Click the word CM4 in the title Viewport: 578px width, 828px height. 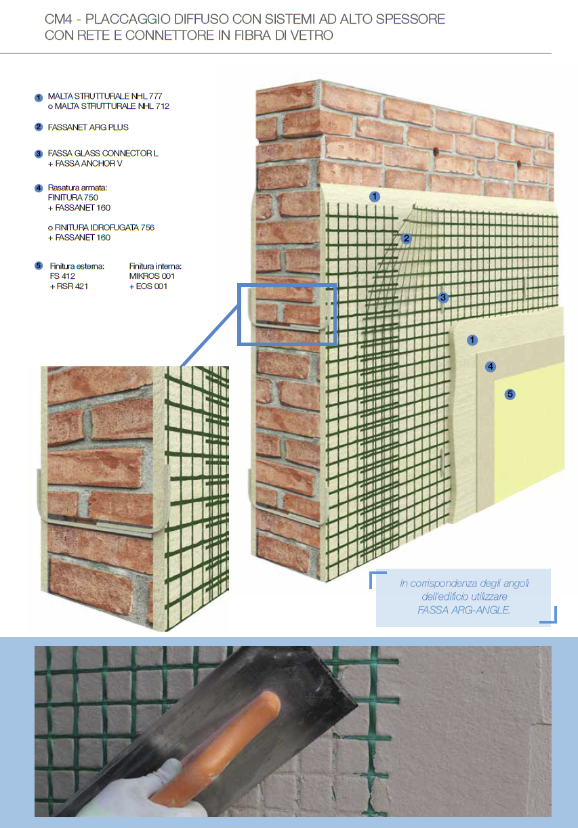click(x=58, y=19)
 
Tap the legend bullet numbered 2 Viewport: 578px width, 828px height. click(x=39, y=127)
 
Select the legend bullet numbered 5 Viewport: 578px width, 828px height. click(x=39, y=266)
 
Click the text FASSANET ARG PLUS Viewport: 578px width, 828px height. click(x=88, y=127)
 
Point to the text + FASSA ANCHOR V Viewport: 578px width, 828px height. click(x=85, y=163)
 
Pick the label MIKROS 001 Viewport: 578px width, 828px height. click(x=152, y=276)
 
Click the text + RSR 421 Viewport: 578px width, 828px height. click(x=69, y=286)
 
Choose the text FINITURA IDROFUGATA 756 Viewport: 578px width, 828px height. click(x=101, y=227)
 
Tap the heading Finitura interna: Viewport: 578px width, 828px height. click(x=155, y=266)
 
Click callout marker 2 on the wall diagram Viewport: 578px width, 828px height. click(x=407, y=238)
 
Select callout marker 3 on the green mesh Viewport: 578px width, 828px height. click(x=443, y=298)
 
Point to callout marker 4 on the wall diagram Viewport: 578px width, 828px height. click(x=491, y=367)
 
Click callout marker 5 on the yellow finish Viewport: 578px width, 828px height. click(x=510, y=395)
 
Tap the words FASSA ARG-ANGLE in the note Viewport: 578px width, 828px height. click(x=463, y=610)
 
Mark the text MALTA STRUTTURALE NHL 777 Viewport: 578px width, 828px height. click(x=105, y=96)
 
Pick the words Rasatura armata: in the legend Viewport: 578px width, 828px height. click(x=77, y=188)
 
